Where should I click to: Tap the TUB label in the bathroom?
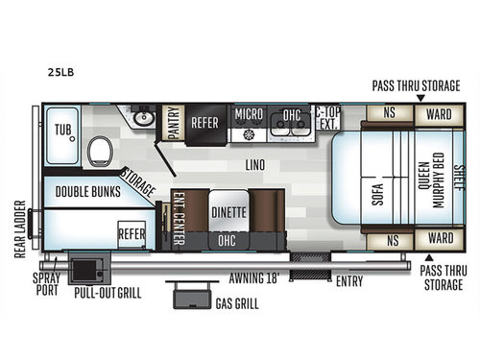tap(64, 128)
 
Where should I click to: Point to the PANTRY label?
tap(175, 123)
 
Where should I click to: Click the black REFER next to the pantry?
tap(205, 123)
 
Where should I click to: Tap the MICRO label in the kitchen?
tap(250, 114)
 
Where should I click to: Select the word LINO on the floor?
tap(255, 165)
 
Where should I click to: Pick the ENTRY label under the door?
tap(348, 282)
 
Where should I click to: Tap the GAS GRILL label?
tap(236, 304)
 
